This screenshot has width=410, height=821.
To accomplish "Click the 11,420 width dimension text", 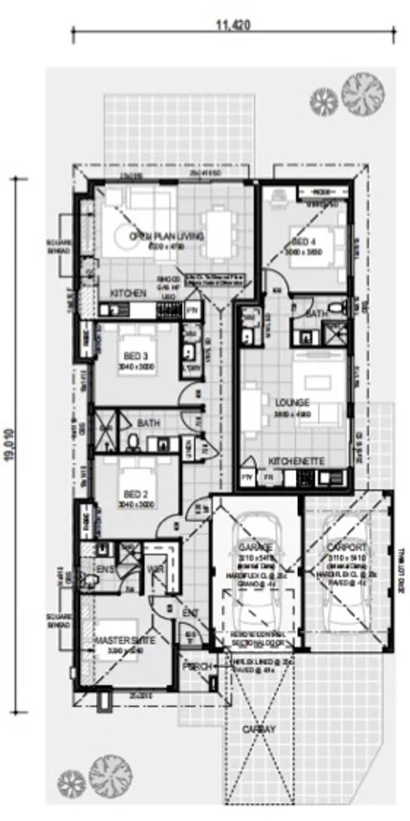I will (x=232, y=26).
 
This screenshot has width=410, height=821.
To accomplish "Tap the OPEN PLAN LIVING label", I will (x=165, y=237).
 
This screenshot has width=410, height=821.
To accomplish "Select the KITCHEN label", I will (x=128, y=292).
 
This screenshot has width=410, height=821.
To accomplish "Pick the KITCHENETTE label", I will (x=295, y=462).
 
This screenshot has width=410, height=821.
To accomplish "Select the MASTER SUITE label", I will (x=124, y=641).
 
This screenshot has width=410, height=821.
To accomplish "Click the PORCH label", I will (x=197, y=666).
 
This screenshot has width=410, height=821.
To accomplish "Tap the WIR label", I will (x=155, y=568).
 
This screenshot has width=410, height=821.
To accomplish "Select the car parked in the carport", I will (x=347, y=584).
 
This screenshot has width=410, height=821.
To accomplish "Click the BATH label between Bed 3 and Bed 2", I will (x=149, y=423).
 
